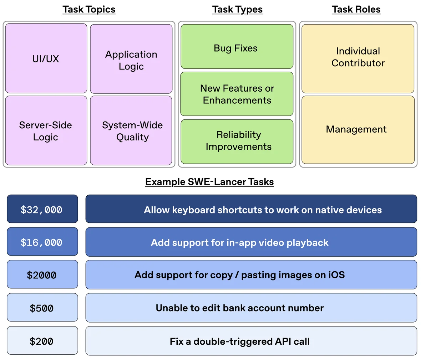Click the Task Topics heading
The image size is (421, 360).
click(x=89, y=9)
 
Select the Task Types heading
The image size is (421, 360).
click(x=237, y=9)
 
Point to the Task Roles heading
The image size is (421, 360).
click(x=356, y=9)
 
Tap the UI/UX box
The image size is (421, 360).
click(x=46, y=58)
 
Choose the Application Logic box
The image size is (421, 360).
click(x=131, y=59)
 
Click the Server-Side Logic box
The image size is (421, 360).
click(x=46, y=130)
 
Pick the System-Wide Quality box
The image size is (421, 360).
click(x=131, y=130)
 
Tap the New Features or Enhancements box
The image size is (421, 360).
click(x=237, y=94)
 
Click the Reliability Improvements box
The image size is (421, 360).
click(x=237, y=141)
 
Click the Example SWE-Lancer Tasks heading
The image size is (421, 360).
click(x=209, y=182)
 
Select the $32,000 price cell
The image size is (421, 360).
click(x=42, y=209)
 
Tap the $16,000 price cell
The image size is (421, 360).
click(x=42, y=242)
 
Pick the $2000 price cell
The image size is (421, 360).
click(x=42, y=275)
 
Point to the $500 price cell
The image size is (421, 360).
click(x=42, y=308)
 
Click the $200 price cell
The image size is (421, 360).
click(x=42, y=341)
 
